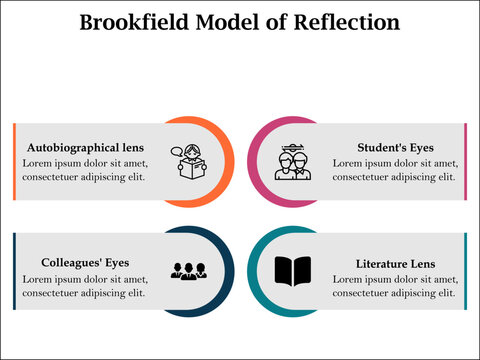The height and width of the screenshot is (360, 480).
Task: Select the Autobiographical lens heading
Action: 86,147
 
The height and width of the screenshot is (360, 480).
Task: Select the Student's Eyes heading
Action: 395,147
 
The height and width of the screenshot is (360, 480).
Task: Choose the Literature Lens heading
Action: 396,263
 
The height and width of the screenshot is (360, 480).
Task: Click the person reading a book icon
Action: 192,163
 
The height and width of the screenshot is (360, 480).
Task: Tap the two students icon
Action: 293,163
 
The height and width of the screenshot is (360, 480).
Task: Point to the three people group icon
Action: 188,270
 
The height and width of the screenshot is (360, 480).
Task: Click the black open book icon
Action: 292,271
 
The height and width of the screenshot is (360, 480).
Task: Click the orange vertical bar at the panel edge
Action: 15,161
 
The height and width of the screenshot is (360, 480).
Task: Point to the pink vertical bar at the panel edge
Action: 466,161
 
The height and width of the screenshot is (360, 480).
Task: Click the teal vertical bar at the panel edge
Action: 466,271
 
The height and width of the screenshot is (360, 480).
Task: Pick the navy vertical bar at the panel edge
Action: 15,271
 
